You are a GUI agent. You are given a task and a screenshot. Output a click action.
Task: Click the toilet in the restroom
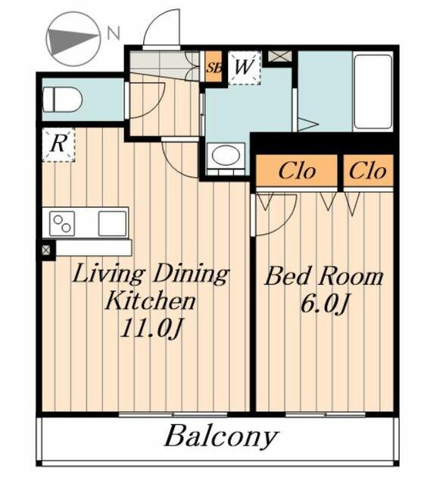point(63,99)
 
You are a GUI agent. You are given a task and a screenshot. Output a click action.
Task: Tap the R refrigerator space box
point(58,144)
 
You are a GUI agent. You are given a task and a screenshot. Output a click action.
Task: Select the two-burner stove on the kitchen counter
point(62,223)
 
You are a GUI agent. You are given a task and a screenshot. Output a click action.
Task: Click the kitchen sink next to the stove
point(111,223)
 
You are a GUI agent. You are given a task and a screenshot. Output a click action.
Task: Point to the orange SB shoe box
point(214,67)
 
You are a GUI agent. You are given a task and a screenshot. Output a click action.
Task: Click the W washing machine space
point(243,67)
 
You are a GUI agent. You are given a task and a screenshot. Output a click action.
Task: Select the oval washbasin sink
point(225,157)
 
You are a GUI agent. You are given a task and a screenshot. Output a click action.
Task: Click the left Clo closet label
point(296,170)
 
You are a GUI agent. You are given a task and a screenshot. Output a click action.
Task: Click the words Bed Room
point(323,276)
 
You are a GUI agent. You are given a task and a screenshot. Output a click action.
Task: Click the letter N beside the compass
point(113,33)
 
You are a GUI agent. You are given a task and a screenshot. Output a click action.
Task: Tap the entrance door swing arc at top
point(161,29)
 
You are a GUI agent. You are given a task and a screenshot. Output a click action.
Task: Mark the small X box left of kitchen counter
point(46,249)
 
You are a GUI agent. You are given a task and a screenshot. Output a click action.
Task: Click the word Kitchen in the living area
point(150,301)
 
